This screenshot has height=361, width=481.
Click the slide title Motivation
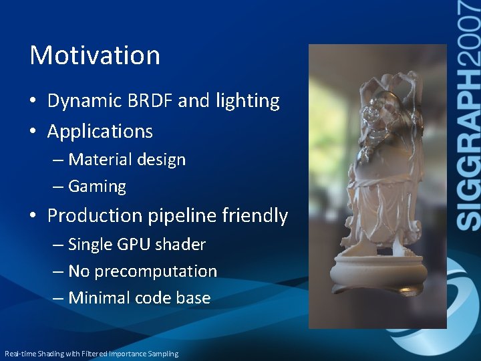point(95,55)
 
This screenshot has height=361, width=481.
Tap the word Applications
point(100,131)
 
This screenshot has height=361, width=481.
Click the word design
point(162,160)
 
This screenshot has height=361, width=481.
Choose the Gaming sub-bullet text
point(97,187)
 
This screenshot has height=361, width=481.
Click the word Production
point(95,216)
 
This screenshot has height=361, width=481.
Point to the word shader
point(180,245)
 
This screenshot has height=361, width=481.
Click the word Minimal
point(100,298)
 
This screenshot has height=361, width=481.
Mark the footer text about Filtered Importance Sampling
point(92,354)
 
